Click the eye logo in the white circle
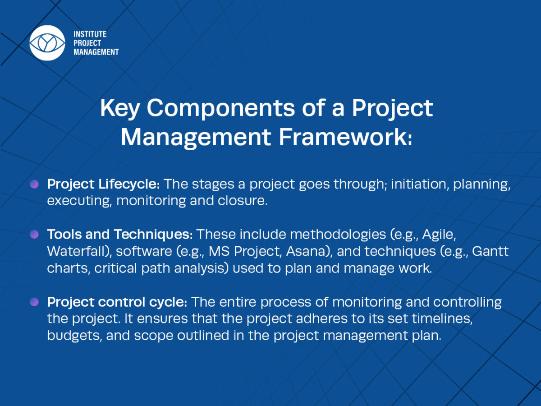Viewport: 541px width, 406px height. coord(47,43)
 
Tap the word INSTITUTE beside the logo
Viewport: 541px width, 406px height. coord(90,34)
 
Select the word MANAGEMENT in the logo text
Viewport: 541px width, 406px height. coord(96,52)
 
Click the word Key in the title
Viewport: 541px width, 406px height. coord(120,108)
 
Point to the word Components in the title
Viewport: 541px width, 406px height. coord(220,108)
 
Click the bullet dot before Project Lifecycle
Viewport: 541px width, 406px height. coord(34,184)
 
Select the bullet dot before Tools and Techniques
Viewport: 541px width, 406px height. coord(34,234)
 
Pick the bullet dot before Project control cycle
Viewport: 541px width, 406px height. coord(34,302)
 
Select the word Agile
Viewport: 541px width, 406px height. coord(439,235)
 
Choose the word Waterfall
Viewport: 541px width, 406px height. coord(79,251)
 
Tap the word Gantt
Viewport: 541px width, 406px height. coord(490,251)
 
